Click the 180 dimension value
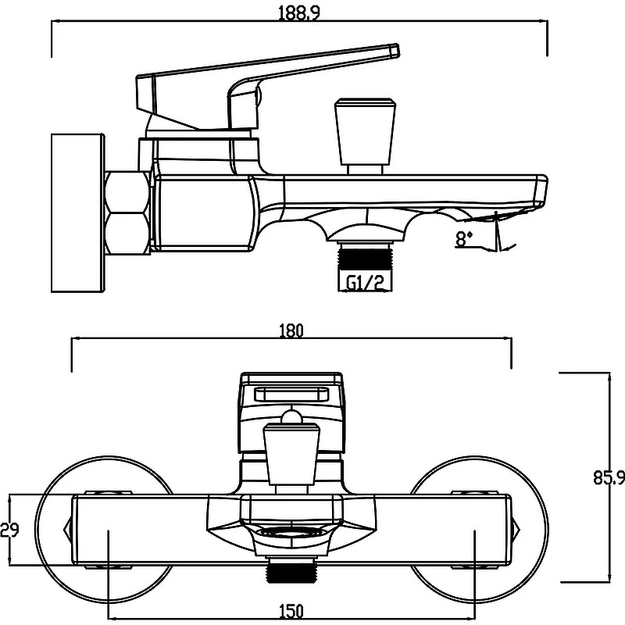[291, 330]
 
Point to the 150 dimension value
[291, 612]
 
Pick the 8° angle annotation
[465, 240]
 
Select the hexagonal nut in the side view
[127, 212]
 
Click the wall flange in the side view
[77, 212]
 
